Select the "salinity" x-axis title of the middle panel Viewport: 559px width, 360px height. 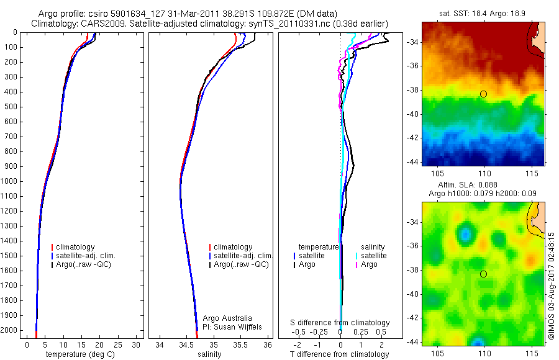[209, 354]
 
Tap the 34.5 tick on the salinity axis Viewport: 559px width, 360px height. [186, 344]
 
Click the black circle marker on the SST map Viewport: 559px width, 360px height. [483, 94]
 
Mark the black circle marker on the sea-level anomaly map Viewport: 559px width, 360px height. [483, 274]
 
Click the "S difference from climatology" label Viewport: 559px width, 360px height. [340, 323]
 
